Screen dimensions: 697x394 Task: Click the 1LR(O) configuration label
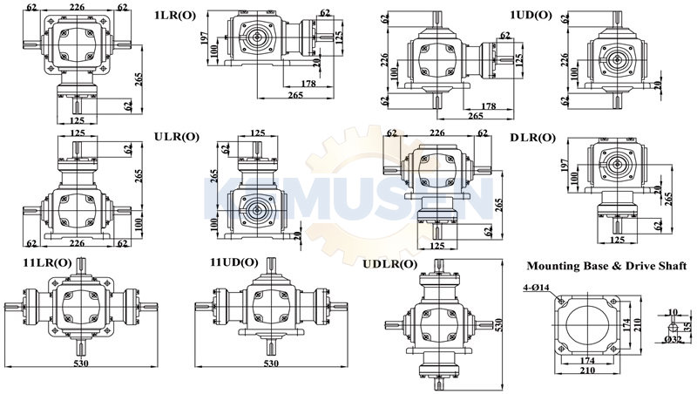point(175,16)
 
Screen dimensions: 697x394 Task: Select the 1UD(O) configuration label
point(531,16)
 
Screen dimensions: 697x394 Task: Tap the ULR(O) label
point(177,137)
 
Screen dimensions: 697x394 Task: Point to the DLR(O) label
point(532,139)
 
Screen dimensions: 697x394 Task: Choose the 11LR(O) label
point(47,263)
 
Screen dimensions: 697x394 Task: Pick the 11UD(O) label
point(233,262)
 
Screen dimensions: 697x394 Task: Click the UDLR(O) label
point(389,264)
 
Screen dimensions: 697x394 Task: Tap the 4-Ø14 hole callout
point(536,288)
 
